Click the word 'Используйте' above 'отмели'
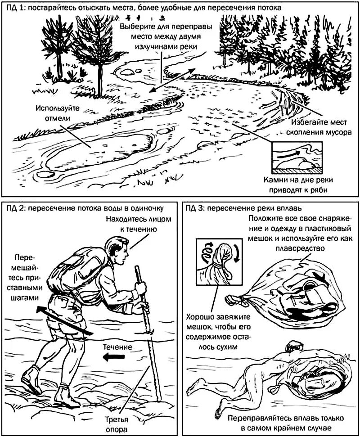(57, 108)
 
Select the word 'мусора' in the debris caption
(335, 133)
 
